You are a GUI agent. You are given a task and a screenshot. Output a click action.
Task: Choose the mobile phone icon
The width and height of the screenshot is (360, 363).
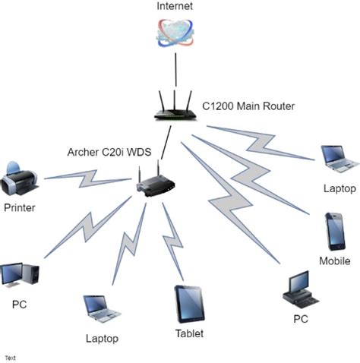point(336,232)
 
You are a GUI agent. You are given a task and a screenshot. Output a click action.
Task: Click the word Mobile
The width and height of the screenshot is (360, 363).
point(335,261)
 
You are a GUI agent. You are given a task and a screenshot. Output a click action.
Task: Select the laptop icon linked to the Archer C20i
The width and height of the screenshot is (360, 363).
point(102,308)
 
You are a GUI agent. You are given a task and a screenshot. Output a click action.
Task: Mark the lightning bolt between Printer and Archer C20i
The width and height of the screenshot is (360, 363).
point(87,180)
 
